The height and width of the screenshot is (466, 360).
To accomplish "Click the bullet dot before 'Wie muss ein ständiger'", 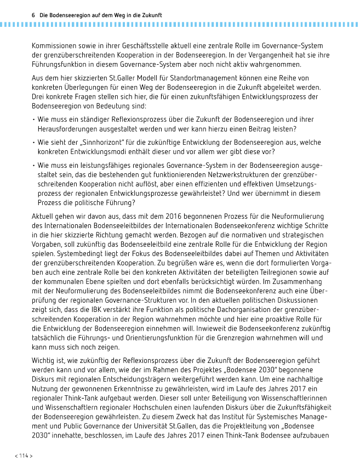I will (33, 120).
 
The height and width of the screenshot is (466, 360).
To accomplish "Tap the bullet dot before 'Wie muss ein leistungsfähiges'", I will (33, 164).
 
